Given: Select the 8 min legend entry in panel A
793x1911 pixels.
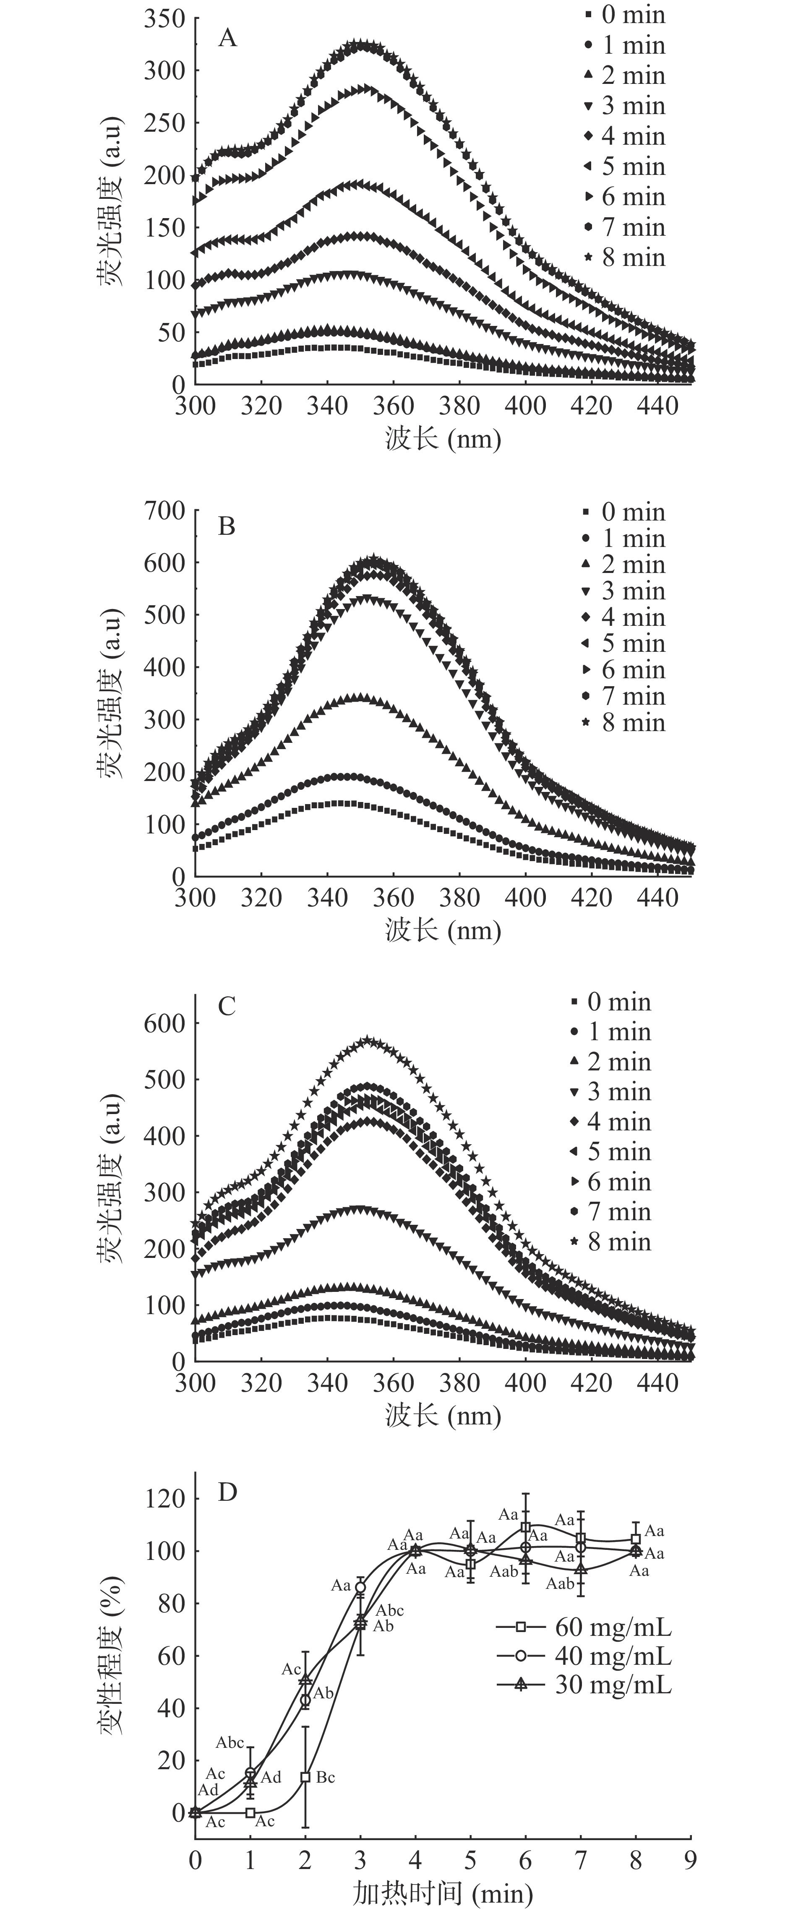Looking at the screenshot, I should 625,258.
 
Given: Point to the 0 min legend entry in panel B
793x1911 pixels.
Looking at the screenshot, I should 625,512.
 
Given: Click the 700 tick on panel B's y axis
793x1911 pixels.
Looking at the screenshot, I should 164,510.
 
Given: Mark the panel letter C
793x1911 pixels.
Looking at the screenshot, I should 227,1006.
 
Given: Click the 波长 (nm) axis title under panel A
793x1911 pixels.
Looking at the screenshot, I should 443,438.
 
